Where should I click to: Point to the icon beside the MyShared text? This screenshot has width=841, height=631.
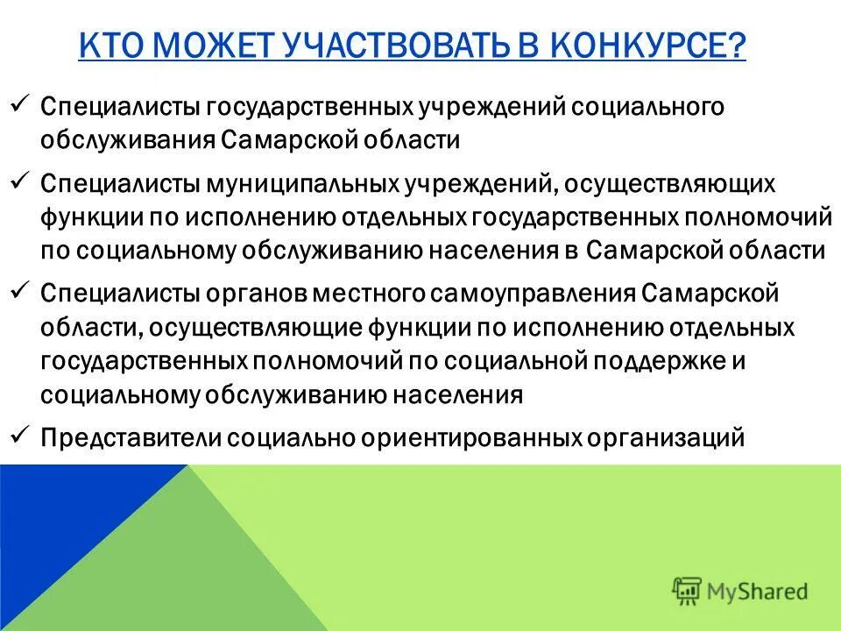point(687,591)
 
